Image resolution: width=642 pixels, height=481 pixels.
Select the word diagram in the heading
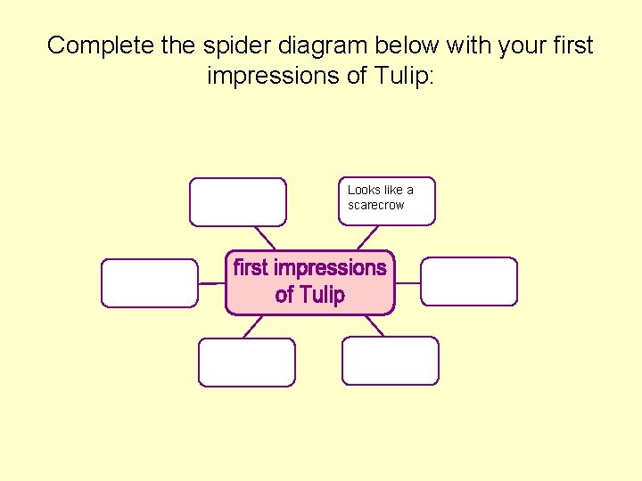tap(296, 46)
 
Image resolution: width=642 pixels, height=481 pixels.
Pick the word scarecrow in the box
tap(375, 205)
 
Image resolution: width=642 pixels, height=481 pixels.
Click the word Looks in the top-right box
tap(363, 190)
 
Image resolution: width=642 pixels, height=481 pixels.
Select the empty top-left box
tap(238, 202)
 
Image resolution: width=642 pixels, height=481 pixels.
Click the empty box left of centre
tap(149, 282)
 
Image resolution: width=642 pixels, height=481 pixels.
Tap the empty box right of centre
tap(469, 281)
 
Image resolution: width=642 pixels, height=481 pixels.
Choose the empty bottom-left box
tap(246, 362)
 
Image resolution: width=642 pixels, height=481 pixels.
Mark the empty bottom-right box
tap(391, 361)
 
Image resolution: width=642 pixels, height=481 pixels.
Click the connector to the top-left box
tap(266, 237)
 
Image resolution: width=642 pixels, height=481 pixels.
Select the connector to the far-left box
tap(211, 282)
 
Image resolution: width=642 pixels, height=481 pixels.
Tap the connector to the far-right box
tap(407, 282)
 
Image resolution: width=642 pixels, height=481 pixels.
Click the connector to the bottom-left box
tap(253, 326)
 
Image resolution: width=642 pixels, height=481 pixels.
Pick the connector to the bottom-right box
tap(374, 325)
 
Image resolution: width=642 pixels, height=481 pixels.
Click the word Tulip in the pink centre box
tap(322, 295)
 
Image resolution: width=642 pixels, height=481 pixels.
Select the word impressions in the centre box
tap(330, 267)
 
